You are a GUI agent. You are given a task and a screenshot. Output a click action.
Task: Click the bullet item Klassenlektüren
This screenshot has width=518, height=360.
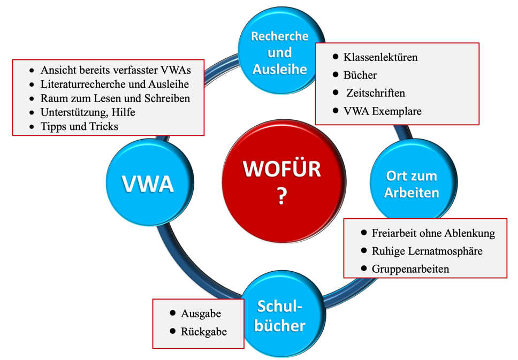380,57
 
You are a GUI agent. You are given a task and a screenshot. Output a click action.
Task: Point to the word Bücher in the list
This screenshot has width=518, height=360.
360,75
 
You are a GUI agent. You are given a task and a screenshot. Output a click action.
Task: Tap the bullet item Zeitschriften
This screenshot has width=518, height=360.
376,93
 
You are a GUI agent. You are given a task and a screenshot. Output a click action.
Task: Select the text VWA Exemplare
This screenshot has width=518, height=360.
383,111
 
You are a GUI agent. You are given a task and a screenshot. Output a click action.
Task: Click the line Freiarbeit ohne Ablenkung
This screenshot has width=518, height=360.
433,233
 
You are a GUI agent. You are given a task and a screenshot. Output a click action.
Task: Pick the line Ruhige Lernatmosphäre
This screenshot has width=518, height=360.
427,251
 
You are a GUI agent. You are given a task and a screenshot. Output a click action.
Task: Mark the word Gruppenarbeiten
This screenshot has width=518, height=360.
410,269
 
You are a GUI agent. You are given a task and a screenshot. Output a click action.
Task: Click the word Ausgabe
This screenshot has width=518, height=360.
201,314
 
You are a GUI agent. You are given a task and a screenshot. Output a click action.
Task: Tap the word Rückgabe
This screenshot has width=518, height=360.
204,332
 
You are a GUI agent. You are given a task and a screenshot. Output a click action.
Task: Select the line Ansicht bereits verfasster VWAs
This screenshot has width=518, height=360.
116,70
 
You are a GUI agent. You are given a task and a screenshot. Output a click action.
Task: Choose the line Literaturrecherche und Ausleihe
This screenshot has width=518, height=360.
115,85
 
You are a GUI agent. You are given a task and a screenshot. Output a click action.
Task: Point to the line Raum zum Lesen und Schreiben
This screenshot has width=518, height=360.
115,98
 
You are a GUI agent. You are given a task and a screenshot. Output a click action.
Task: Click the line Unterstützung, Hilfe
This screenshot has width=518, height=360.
88,112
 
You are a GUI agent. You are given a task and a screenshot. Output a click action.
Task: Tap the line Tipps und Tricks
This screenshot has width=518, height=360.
79,127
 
